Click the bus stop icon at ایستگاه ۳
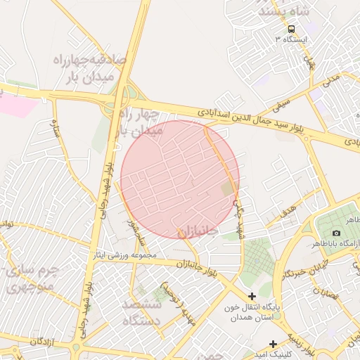tap(290, 29)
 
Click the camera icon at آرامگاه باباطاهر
tap(336, 233)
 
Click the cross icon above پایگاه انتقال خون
tap(252, 297)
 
